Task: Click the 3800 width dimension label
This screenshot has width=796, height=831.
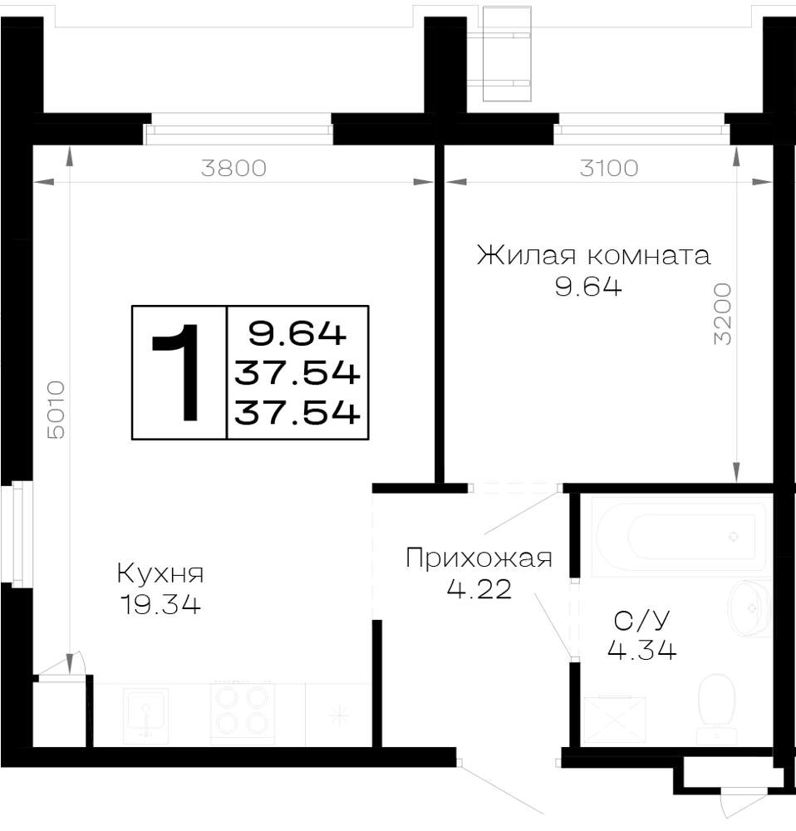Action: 233,168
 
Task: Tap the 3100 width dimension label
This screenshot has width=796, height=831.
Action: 609,168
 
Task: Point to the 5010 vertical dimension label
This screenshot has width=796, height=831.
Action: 56,410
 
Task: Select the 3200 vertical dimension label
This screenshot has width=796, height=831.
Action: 722,314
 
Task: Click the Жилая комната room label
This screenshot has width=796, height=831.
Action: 593,255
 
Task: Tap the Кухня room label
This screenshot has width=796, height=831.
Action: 160,573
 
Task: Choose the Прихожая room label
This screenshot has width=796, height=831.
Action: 479,558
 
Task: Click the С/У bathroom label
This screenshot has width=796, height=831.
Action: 641,620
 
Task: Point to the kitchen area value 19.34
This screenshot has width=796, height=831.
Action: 161,605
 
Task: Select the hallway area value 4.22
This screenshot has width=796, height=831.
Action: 479,589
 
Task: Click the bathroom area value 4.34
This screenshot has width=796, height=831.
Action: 641,651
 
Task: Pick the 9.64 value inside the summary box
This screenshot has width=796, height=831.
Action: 297,334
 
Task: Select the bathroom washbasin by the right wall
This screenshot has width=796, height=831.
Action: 749,608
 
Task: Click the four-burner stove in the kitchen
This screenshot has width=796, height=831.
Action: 242,713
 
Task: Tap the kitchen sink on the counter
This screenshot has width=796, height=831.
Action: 145,715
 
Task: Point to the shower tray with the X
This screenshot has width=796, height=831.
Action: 614,720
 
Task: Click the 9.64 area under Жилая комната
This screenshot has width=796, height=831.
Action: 588,288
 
